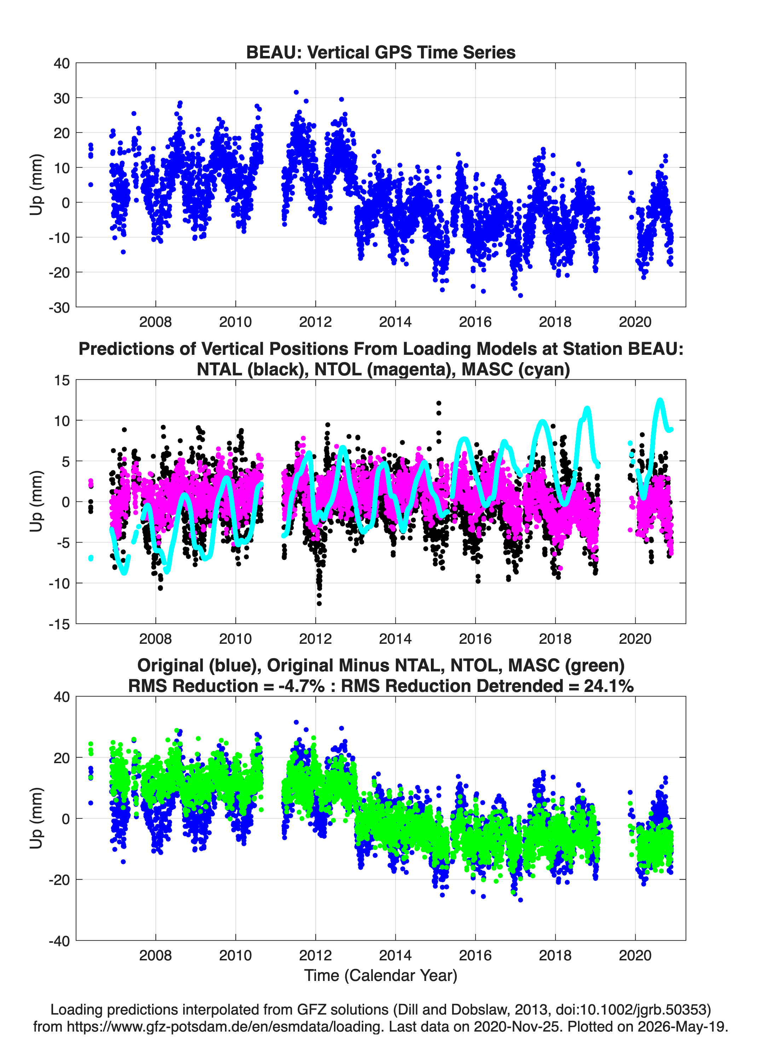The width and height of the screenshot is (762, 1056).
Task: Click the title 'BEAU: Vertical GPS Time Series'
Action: [381, 52]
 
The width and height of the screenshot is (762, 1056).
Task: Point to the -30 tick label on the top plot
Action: [59, 307]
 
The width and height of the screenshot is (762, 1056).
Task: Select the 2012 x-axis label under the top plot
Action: [316, 322]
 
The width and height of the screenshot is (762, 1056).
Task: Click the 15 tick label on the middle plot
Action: [62, 380]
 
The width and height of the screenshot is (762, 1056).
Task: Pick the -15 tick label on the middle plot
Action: [59, 624]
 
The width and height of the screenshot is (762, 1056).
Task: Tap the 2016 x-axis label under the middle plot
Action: [475, 638]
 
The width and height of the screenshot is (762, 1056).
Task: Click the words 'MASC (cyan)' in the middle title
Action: [515, 369]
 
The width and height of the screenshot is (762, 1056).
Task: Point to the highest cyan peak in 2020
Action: [660, 400]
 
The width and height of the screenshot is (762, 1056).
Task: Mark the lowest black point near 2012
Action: [319, 603]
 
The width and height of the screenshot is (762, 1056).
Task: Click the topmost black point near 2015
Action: [439, 403]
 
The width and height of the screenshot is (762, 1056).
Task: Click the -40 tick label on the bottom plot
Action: [59, 941]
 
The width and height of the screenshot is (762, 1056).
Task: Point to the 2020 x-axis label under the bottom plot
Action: [635, 955]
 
